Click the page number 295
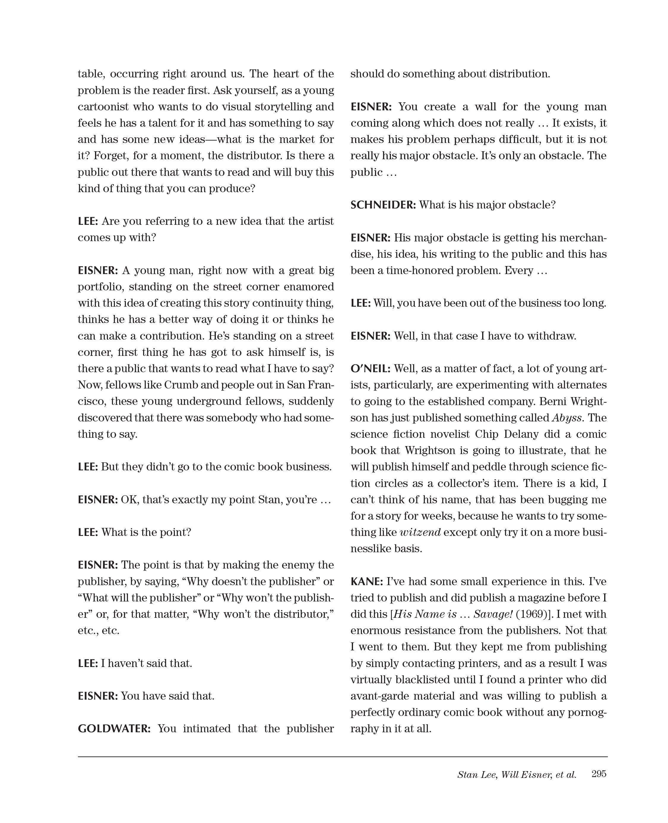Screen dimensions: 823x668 coord(599,774)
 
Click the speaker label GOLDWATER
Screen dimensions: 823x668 coord(114,728)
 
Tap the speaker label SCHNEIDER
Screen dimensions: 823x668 coord(383,205)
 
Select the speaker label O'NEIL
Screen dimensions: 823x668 coord(370,369)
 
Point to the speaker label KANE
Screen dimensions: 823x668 coord(366,581)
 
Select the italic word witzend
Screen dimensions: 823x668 coord(420,532)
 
